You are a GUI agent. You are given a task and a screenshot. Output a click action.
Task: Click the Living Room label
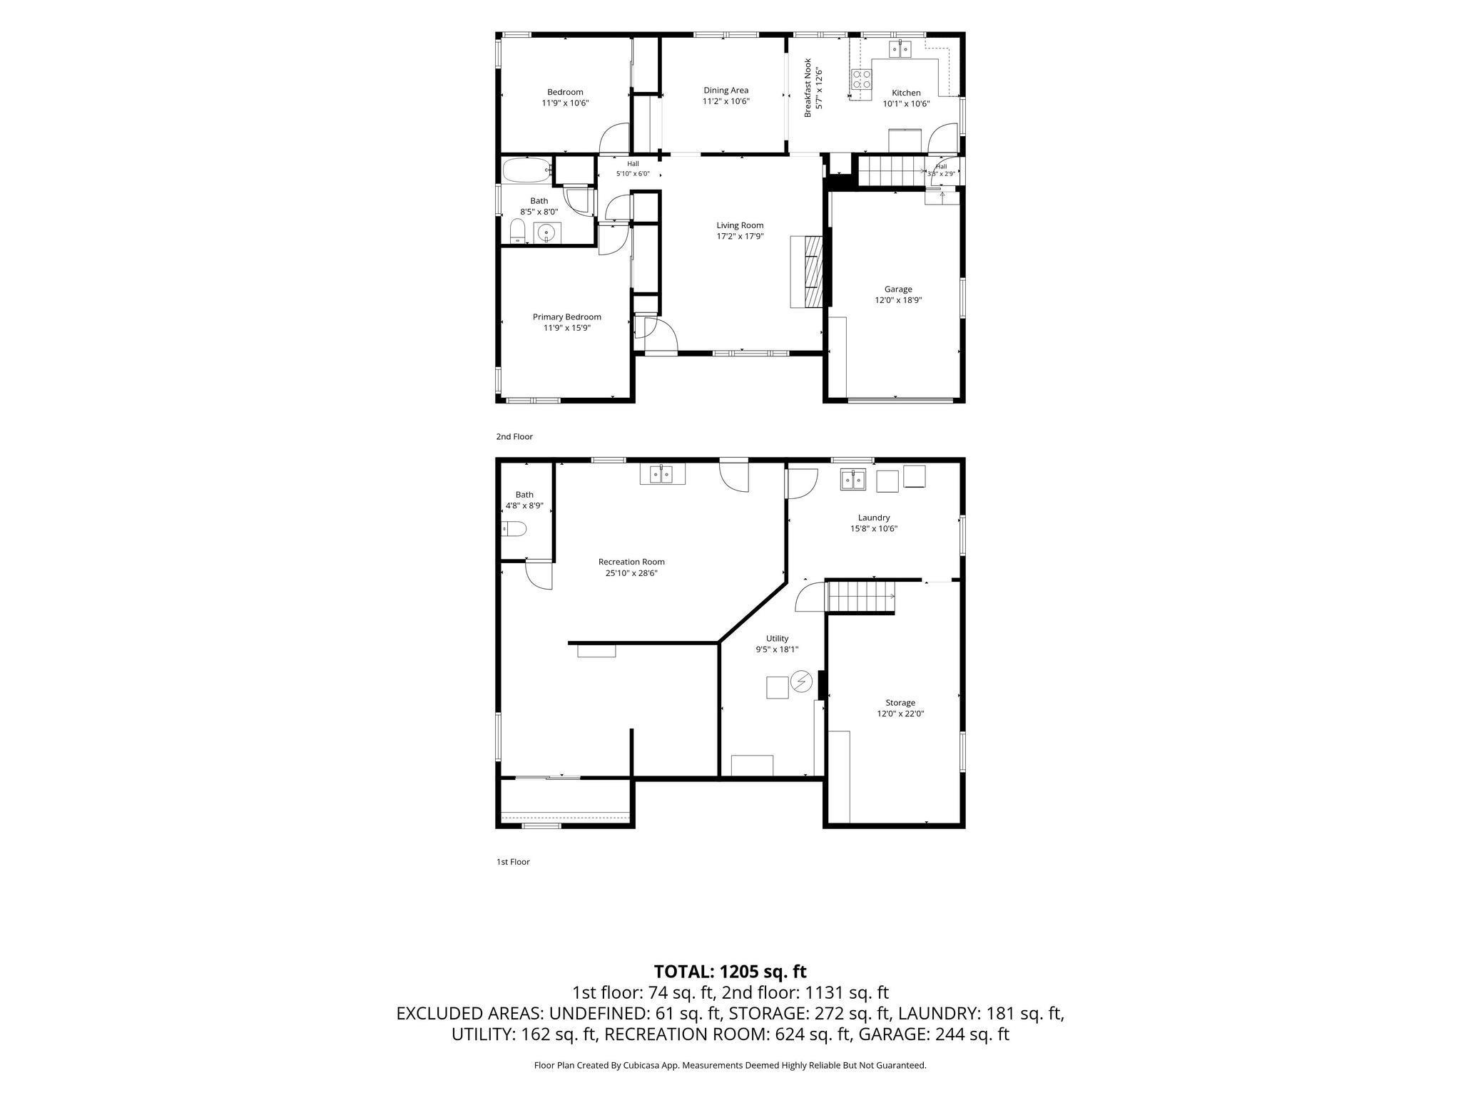point(740,225)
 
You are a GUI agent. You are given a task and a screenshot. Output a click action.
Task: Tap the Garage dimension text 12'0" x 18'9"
point(898,300)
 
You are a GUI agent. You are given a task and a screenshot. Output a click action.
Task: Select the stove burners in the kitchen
point(862,79)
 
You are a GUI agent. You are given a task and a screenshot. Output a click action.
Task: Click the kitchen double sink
point(900,48)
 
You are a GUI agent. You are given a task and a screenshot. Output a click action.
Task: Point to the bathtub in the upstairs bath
point(526,170)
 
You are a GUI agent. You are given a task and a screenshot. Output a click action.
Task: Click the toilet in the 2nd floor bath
point(518,231)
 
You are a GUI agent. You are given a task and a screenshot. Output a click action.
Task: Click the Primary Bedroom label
point(567,317)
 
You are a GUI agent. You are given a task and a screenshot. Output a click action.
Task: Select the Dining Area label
point(726,91)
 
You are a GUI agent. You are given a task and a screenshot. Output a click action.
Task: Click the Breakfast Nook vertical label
point(808,88)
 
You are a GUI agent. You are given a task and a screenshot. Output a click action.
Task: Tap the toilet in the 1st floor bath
point(514,528)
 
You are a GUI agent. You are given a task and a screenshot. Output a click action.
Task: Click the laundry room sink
point(852,480)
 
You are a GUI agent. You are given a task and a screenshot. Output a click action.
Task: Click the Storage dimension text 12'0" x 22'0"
point(900,714)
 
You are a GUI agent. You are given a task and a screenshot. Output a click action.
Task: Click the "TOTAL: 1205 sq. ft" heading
point(730,972)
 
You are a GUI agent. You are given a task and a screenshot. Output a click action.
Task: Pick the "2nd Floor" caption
point(514,436)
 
